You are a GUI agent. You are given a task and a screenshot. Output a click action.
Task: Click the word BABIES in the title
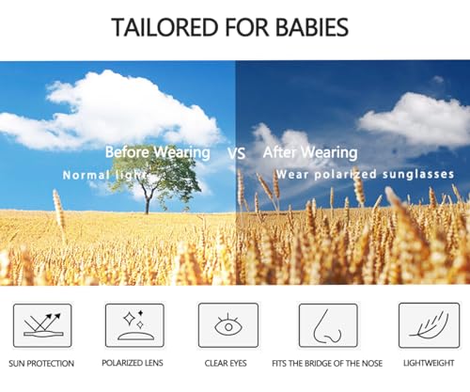coord(312,27)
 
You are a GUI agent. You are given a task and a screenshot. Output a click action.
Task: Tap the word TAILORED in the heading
coord(164,27)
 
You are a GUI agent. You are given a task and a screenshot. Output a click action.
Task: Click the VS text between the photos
coord(236,153)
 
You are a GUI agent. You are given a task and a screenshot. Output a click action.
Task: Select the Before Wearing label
coord(158,152)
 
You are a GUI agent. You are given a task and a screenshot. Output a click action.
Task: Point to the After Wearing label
coord(310,152)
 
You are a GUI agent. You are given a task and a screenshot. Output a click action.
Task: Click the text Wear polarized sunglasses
coord(365,174)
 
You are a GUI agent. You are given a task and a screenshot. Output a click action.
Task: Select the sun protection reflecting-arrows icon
coord(42,325)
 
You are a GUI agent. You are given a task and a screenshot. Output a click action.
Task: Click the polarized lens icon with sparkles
coord(134,325)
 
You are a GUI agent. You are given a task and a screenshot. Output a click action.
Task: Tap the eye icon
coord(228,325)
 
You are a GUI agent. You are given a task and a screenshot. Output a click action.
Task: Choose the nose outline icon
coord(328,325)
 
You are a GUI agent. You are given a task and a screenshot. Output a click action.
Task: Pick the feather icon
coord(429,325)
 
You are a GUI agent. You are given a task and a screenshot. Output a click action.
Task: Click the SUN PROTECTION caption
coord(41,364)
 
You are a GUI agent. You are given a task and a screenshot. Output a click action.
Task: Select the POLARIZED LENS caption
coord(133,363)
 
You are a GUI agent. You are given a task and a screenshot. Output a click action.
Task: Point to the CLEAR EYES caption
coord(226,363)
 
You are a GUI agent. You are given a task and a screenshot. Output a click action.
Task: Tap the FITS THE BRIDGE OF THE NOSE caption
coord(327,364)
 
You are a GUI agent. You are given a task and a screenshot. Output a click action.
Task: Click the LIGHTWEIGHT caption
coord(429,363)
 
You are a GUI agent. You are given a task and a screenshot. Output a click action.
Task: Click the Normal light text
coord(104,175)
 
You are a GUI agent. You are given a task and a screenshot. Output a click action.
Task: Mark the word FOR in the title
coord(247,27)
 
